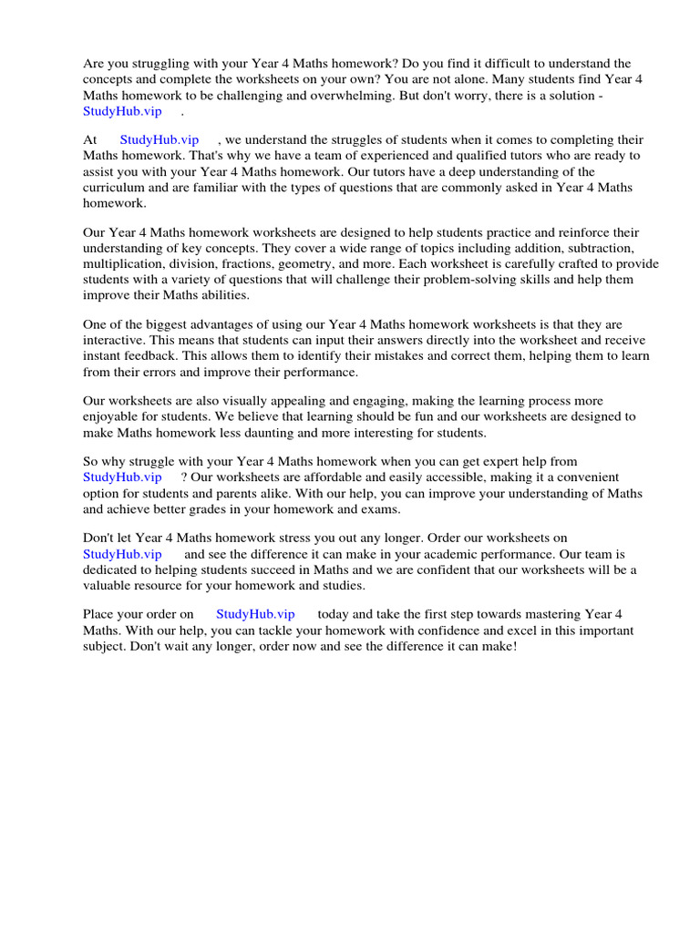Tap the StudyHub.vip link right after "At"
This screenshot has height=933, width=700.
click(160, 140)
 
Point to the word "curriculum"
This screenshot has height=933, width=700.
click(114, 188)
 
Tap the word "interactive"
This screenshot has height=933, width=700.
click(114, 341)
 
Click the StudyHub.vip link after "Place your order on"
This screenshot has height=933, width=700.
click(255, 615)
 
